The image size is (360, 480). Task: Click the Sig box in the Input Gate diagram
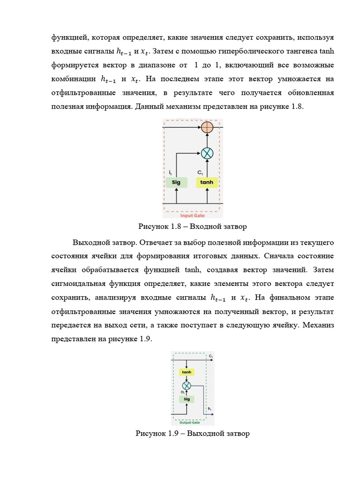[176, 182]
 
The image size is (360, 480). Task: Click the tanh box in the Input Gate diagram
[207, 182]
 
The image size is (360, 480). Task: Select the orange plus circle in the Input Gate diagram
[207, 127]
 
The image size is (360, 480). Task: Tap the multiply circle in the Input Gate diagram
[207, 153]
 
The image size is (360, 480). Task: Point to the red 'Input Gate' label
[193, 216]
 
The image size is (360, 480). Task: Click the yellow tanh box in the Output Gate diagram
[187, 372]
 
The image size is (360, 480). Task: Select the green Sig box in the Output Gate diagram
[187, 399]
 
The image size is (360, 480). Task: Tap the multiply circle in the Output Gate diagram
[187, 385]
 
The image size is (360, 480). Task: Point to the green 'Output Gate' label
[189, 422]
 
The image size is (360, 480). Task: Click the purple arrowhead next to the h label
[212, 414]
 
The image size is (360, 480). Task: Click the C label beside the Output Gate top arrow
[211, 357]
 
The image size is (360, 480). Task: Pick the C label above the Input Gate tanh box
[200, 173]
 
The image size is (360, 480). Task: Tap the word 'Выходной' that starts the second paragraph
[90, 242]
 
